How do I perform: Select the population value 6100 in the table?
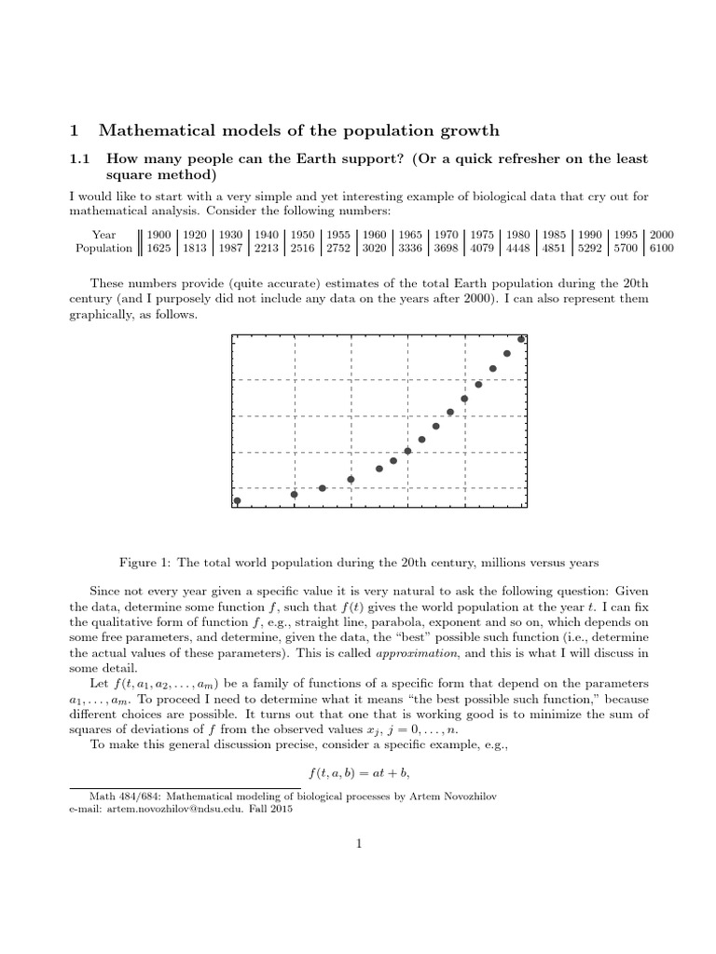tap(662, 249)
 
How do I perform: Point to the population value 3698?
tap(447, 249)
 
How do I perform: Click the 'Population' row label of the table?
tap(103, 249)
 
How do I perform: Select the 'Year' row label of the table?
tap(104, 235)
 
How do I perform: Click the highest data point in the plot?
tap(521, 339)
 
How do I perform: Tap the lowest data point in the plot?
tap(237, 500)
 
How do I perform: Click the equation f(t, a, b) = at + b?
tap(359, 773)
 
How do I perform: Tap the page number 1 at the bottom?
tap(358, 844)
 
